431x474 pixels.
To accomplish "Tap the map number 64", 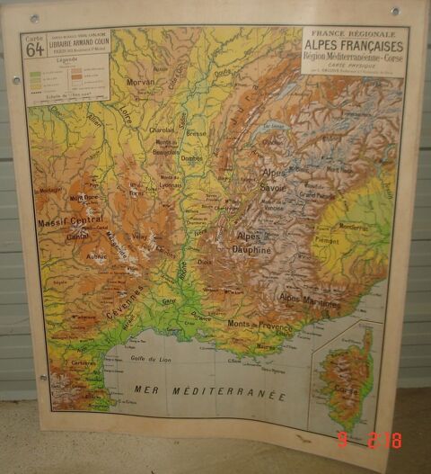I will click(x=35, y=50).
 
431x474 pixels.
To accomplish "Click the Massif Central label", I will click(x=70, y=221).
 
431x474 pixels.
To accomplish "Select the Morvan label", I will click(x=141, y=82).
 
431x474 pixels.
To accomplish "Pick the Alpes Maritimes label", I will click(x=310, y=301).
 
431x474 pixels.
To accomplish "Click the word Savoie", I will click(x=274, y=187).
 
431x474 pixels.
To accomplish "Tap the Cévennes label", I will click(x=123, y=303).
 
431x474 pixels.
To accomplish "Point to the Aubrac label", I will click(x=95, y=256).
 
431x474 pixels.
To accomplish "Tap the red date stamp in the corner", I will click(x=369, y=440).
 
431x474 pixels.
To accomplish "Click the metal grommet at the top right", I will click(x=393, y=12).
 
